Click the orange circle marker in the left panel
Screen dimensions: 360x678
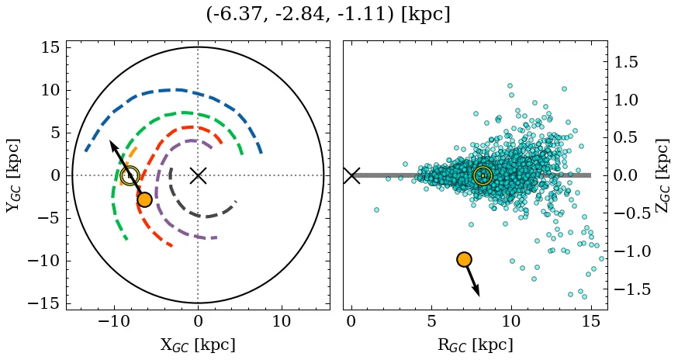tap(144, 199)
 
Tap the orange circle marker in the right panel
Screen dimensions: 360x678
tap(464, 259)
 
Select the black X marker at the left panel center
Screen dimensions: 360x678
tap(198, 175)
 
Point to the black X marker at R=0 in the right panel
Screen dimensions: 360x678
tap(351, 175)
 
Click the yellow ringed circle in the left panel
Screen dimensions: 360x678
tap(130, 175)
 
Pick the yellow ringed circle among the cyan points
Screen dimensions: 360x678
tap(483, 175)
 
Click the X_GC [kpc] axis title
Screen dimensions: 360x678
tap(198, 344)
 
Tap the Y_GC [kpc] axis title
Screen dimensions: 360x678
tap(12, 175)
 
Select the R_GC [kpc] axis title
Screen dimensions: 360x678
tap(475, 344)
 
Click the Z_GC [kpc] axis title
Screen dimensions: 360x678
tap(662, 175)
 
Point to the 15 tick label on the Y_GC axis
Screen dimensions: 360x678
tap(49, 48)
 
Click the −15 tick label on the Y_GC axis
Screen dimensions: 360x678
tap(43, 303)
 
